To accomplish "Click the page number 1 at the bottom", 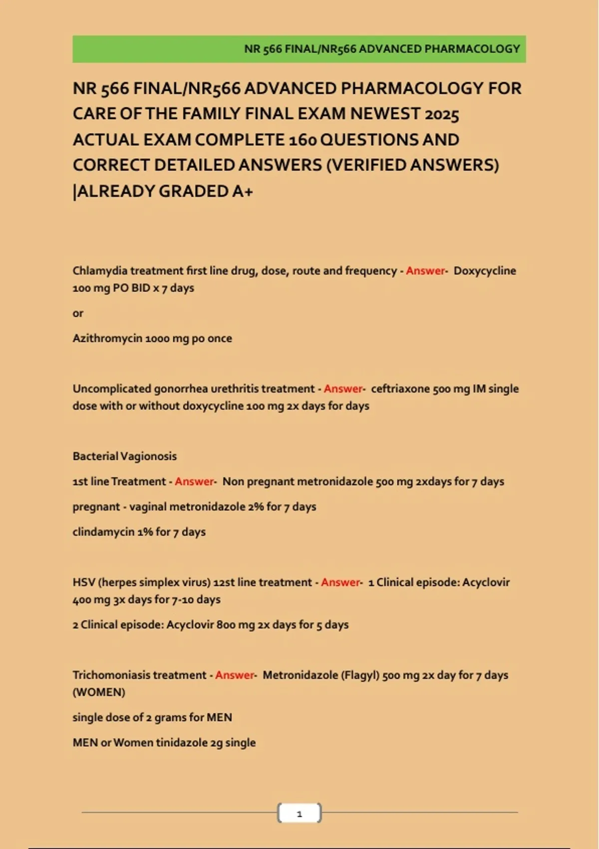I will click(x=299, y=814).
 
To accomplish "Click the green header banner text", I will click(x=382, y=49).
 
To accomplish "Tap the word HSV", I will click(x=83, y=582).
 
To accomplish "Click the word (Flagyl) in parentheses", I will click(x=360, y=675).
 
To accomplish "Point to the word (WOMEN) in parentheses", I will click(x=99, y=692).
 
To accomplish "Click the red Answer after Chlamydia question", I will click(x=425, y=271).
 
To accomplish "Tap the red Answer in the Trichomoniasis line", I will click(x=235, y=675).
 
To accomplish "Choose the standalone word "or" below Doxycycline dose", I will click(x=78, y=313).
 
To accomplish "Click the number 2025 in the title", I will click(x=442, y=114).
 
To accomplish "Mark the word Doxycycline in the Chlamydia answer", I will click(x=485, y=271).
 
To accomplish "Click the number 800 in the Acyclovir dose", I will click(x=226, y=625).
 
